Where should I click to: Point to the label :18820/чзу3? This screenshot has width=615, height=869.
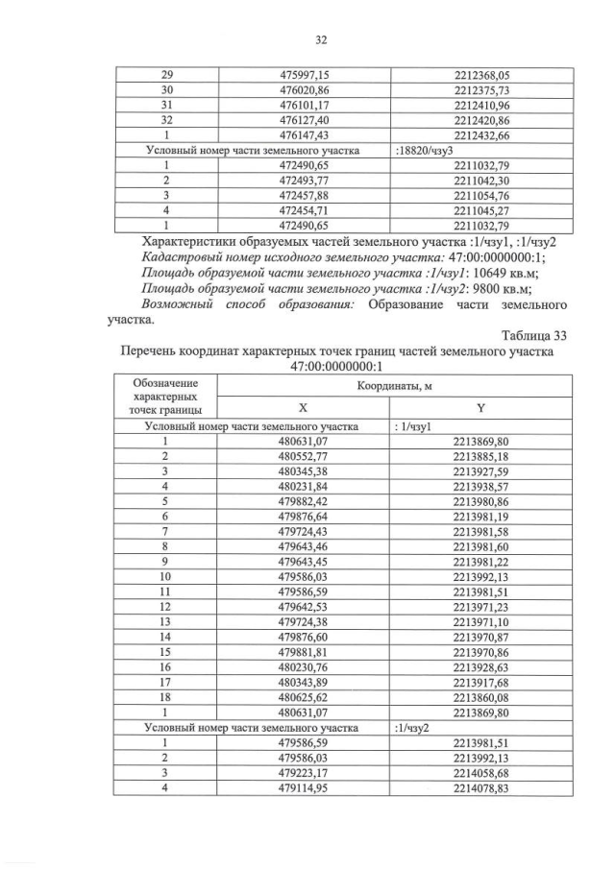tap(428, 151)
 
